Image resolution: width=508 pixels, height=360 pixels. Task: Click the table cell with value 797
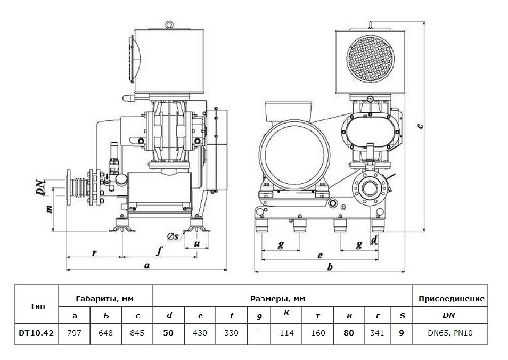[x=75, y=333]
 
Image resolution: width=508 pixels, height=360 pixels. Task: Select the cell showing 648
[x=106, y=333]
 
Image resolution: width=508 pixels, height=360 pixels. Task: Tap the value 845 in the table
[x=137, y=333]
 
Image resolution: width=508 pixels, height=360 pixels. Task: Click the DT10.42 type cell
[x=37, y=333]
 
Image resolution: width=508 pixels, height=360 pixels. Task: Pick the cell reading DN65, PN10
[x=449, y=333]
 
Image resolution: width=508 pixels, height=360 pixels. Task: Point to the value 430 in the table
[x=200, y=333]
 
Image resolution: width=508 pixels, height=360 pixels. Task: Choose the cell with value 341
[x=378, y=333]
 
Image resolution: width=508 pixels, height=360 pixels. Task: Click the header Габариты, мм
[x=106, y=299]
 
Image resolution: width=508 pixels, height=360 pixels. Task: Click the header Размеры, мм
[x=282, y=299]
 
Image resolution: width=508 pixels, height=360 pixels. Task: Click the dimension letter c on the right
[x=420, y=125]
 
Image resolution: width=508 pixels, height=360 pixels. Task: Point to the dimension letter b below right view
[x=330, y=266]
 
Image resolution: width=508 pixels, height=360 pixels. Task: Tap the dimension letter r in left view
[x=94, y=252]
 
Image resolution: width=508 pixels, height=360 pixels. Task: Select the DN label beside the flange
[x=39, y=188]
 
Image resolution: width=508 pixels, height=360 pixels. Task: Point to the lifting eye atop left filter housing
[x=169, y=24]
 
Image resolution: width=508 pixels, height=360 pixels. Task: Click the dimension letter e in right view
[x=320, y=255]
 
